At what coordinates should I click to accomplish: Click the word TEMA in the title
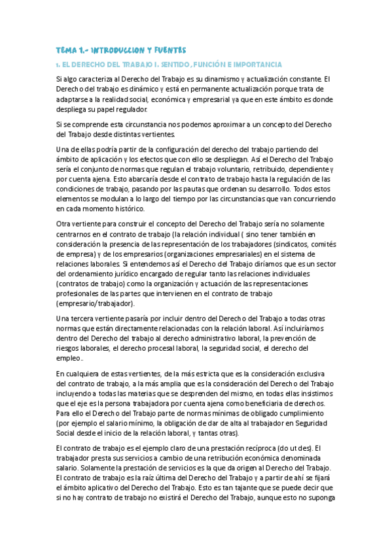click(66, 50)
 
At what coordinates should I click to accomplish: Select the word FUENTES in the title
click(168, 50)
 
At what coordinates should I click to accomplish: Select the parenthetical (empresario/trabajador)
click(96, 303)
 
